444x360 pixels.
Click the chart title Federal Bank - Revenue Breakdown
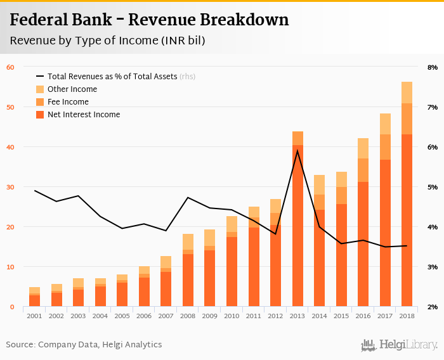[149, 20]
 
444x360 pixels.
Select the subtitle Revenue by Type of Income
[107, 41]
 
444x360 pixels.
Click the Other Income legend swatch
[40, 89]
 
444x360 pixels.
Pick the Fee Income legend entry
[68, 102]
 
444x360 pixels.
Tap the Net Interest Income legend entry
[83, 115]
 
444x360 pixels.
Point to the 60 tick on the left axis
[10, 67]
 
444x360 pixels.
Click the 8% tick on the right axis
[433, 67]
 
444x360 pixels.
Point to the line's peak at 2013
[297, 151]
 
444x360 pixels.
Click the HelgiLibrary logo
[400, 345]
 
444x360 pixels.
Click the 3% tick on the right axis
[433, 267]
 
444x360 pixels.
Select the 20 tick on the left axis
[10, 227]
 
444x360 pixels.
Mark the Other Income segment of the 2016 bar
[363, 148]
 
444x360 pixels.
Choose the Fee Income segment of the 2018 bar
[407, 119]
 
